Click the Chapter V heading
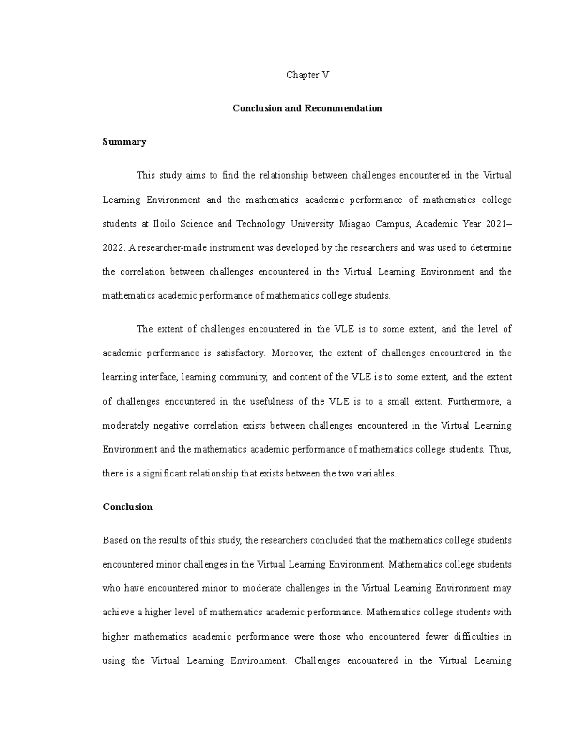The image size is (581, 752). pos(307,75)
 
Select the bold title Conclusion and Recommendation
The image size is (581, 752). pos(307,108)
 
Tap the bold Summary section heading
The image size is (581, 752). pos(124,142)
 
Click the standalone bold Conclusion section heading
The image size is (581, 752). pos(127,507)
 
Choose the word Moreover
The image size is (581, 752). pos(291,353)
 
